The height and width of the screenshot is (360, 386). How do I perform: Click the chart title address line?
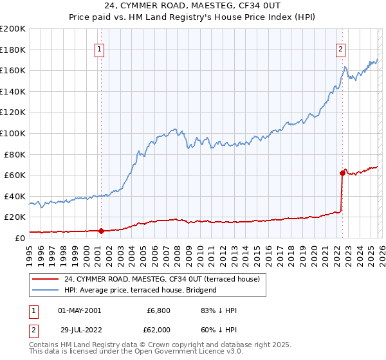point(192,6)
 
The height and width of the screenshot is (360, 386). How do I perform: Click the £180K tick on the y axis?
point(13,50)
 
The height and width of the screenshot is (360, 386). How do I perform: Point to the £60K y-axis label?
point(15,175)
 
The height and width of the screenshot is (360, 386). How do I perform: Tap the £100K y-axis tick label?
point(13,133)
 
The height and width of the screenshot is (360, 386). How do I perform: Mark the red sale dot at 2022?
point(342,172)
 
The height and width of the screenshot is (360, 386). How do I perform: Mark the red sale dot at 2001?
point(101,230)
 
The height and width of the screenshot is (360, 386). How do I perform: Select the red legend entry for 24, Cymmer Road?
point(161,279)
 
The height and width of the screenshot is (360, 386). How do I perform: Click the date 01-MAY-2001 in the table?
point(79,310)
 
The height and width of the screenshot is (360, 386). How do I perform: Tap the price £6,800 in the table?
point(158,310)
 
